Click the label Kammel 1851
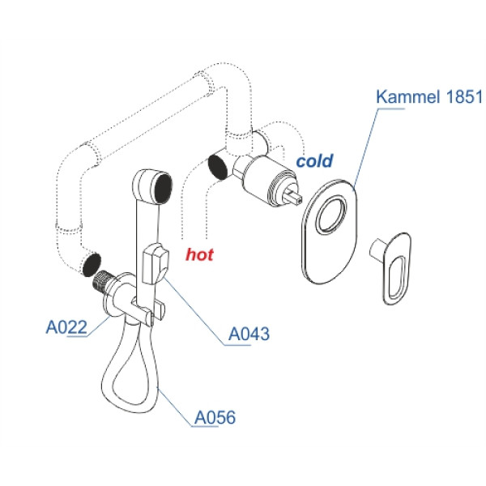(428, 99)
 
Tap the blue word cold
(314, 161)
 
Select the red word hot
(199, 255)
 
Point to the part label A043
(249, 333)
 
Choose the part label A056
(215, 418)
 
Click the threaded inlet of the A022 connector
(101, 282)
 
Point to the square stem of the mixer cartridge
(294, 196)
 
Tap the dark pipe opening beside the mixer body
(218, 164)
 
